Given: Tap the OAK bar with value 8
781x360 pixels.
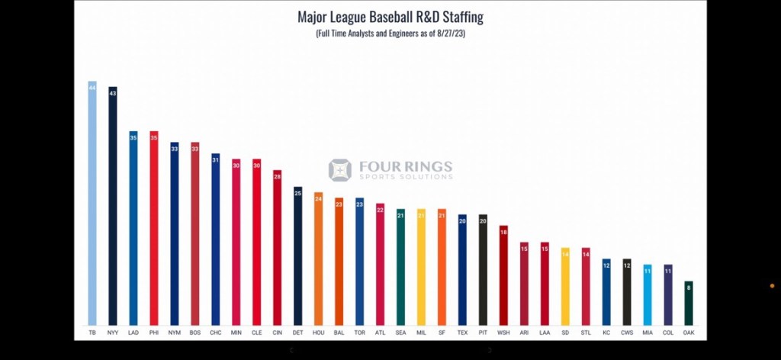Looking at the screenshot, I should point(689,304).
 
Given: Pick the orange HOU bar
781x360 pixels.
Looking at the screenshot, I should point(318,259).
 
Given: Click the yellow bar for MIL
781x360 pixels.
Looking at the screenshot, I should point(421,267).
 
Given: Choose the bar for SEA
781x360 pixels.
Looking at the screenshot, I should point(400,267).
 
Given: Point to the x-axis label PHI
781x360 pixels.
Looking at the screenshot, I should point(154,334).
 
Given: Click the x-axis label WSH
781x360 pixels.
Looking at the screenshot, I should point(503,334).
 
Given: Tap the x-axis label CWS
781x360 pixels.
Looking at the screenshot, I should point(627,334).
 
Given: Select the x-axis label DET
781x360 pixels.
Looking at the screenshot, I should point(297,334).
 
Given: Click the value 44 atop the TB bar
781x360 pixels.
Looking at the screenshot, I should point(92,88).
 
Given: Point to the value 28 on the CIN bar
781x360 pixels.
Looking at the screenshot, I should point(278,176).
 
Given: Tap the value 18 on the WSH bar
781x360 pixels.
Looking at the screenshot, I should point(503,231).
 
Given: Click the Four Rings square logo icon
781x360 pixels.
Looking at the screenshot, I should point(339,170).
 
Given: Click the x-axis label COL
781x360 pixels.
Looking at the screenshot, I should point(668,334).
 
